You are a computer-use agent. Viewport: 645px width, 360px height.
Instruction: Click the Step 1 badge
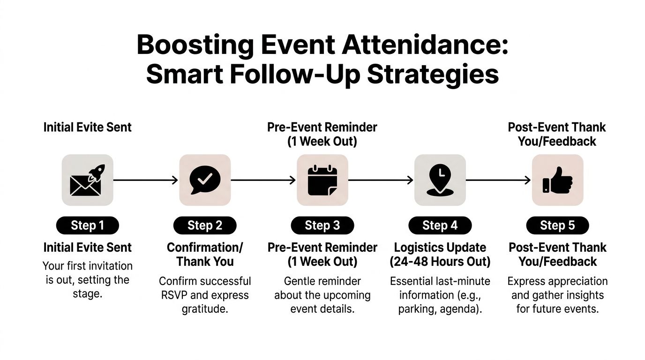pos(87,225)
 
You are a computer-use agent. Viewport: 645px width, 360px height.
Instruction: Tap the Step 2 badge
pos(205,225)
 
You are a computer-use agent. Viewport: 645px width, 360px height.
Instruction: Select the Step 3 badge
pos(322,225)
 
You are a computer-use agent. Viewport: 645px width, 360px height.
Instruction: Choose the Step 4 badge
pos(440,225)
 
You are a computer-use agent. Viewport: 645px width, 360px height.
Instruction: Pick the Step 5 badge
pos(557,225)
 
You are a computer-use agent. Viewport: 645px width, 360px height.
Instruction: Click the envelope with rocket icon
pos(87,180)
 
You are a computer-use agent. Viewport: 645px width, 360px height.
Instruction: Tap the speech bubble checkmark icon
pos(205,180)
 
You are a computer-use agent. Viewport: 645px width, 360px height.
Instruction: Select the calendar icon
pos(322,180)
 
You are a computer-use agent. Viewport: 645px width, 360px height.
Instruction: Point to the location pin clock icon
pos(440,180)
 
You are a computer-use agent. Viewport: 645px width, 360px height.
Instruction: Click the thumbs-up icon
pos(557,180)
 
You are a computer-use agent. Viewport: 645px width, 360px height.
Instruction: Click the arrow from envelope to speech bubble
pos(146,180)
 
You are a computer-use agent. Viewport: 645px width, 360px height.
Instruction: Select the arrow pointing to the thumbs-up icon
pos(498,180)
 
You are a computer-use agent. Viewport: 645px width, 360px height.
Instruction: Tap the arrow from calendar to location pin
pos(381,180)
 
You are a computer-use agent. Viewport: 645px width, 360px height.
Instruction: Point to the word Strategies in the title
pos(433,75)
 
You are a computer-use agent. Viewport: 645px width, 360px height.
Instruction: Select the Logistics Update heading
pos(440,247)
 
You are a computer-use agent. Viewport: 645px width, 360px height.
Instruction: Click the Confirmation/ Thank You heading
pos(205,254)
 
